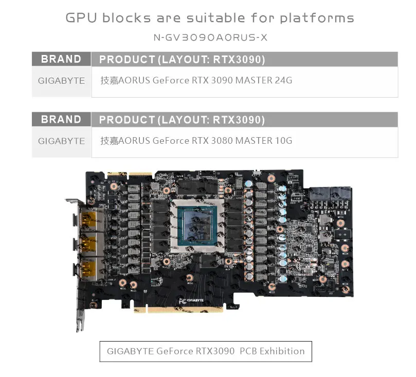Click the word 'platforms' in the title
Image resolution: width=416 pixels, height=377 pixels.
point(317,18)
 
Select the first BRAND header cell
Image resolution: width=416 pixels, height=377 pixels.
point(61,59)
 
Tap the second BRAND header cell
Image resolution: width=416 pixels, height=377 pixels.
point(61,120)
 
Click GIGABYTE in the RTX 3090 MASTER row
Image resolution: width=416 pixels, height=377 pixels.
point(61,81)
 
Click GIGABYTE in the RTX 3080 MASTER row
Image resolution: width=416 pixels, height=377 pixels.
point(61,141)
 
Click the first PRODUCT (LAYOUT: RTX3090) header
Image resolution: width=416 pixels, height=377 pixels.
point(182,60)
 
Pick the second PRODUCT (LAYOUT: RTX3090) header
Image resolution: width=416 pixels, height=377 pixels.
point(182,120)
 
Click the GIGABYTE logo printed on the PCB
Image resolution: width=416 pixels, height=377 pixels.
point(191,300)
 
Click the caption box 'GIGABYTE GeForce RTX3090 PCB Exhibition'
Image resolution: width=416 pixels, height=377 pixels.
point(206,351)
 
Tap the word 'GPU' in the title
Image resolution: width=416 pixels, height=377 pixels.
point(82,18)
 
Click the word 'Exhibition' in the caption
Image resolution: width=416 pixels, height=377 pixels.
point(282,351)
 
